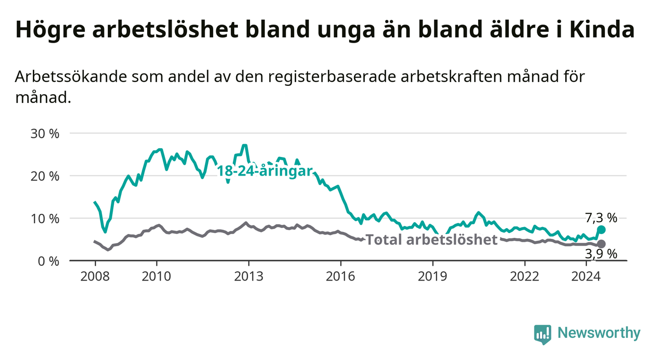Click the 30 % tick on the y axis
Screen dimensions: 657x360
(x=45, y=134)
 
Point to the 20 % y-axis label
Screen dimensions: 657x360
(x=45, y=177)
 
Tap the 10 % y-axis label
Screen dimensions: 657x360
(x=45, y=219)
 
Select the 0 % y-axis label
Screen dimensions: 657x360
(x=49, y=261)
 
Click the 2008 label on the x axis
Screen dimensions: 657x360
(x=95, y=277)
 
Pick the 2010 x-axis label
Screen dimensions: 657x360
(x=156, y=277)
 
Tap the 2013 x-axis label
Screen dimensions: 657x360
(x=249, y=277)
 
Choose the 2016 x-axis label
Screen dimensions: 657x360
(x=341, y=277)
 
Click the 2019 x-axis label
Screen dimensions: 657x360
(x=432, y=277)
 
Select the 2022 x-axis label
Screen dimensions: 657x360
(x=525, y=277)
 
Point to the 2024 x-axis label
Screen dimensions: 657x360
(x=586, y=277)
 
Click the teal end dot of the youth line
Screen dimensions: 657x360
(x=601, y=230)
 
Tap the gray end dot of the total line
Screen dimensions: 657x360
(x=601, y=244)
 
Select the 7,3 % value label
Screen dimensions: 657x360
(x=601, y=218)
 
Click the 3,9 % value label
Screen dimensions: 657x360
(x=601, y=254)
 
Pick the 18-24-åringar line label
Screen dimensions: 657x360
(x=265, y=171)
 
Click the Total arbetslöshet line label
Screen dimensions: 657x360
(x=432, y=240)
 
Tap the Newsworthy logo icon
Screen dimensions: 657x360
(x=543, y=334)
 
